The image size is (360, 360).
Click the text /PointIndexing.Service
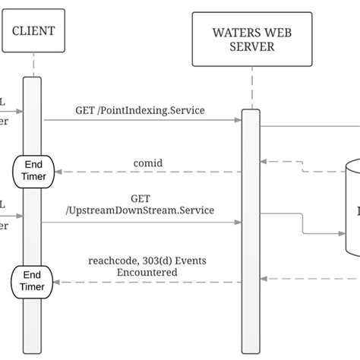point(150,109)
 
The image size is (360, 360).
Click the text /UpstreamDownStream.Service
point(140,210)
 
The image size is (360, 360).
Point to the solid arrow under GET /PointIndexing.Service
point(141,120)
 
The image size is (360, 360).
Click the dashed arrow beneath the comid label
point(144,172)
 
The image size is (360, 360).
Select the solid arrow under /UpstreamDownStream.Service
point(141,223)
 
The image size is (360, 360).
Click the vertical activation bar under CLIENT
point(32,228)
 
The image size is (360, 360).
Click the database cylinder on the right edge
point(352,205)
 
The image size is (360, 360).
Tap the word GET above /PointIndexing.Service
point(85,109)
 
